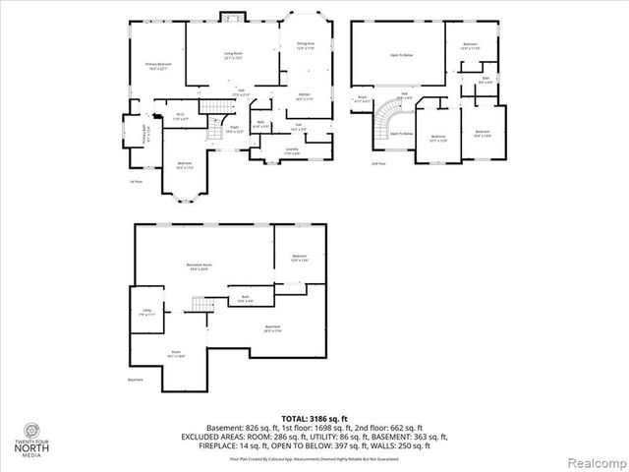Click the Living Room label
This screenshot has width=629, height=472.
tap(233, 56)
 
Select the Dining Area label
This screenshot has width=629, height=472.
tap(306, 45)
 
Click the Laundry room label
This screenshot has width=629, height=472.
tap(292, 150)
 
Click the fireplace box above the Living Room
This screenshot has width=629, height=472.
tap(233, 17)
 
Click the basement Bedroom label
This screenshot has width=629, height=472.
tap(300, 258)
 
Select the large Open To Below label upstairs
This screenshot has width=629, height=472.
tap(401, 56)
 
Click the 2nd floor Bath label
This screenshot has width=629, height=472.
tap(485, 81)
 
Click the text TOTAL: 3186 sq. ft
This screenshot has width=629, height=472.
tap(314, 419)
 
